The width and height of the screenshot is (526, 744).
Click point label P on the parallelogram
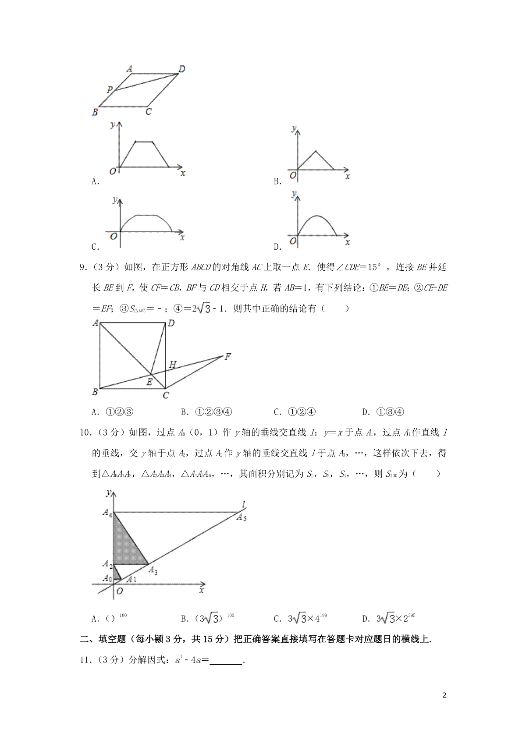110,90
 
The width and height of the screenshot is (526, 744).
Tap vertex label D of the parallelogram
182,68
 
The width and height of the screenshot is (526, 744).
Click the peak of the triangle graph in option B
316,152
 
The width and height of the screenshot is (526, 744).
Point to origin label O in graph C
114,236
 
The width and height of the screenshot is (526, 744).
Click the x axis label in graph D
348,242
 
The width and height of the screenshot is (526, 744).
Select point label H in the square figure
173,364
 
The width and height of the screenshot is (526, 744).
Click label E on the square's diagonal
149,382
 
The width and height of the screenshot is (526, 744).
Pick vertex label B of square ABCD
95,392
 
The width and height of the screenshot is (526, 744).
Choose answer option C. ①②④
295,411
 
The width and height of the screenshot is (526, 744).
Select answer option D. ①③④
383,411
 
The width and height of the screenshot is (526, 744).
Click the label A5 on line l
242,517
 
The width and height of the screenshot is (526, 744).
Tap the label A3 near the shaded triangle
153,570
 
